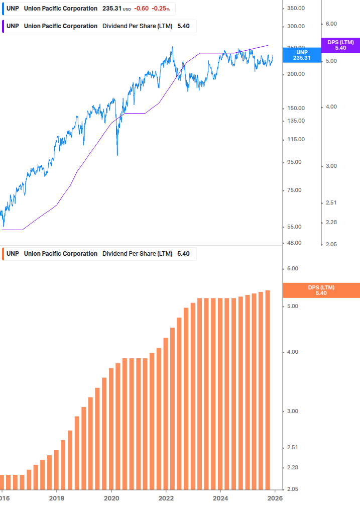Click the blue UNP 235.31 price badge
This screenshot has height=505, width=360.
click(x=302, y=55)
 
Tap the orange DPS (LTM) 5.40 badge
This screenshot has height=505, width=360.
click(x=321, y=290)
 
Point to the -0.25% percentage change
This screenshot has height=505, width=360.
click(x=162, y=9)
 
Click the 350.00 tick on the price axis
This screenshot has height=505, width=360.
click(x=296, y=9)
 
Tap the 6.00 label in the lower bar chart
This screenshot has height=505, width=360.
click(x=292, y=269)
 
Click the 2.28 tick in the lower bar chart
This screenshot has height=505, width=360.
click(x=292, y=468)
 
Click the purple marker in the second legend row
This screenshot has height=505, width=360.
click(x=3, y=26)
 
